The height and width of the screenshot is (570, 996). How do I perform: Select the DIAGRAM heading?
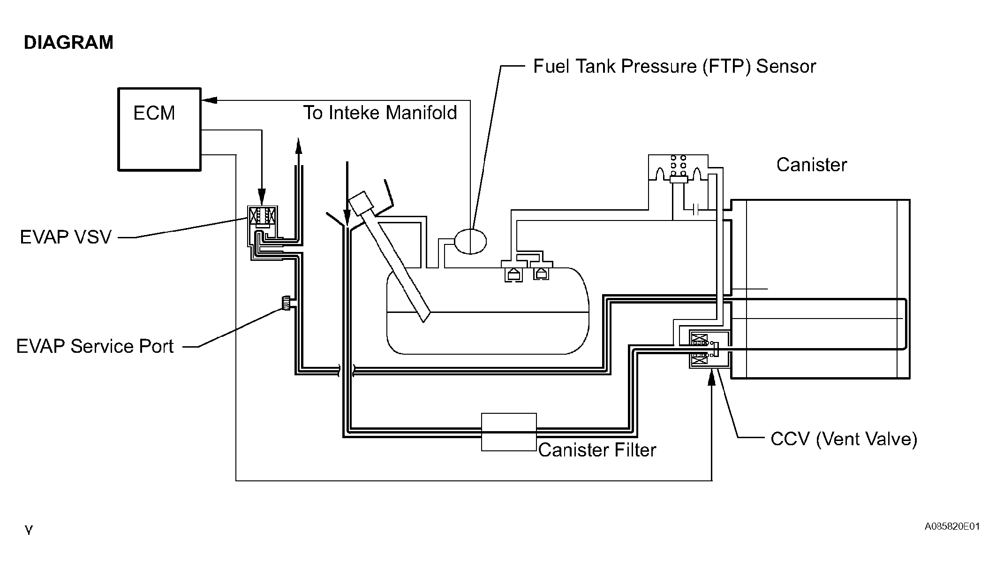[68, 43]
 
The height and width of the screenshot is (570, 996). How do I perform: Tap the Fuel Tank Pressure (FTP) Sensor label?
[674, 67]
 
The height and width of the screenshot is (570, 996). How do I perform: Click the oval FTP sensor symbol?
[470, 241]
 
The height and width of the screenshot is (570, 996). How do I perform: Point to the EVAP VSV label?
[66, 237]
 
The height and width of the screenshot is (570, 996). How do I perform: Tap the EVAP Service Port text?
[95, 346]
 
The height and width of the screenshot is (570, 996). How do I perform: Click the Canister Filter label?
[597, 450]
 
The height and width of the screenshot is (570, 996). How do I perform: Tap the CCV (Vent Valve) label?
[844, 439]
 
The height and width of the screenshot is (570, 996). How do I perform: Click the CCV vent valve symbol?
[709, 349]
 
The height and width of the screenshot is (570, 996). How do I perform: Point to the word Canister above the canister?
[812, 165]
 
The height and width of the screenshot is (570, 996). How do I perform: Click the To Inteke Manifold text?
[380, 113]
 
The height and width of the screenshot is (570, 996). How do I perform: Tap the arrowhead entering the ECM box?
[209, 100]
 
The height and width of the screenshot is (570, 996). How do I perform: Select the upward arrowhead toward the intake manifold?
[298, 146]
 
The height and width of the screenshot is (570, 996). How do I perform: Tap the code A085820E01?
[952, 526]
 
